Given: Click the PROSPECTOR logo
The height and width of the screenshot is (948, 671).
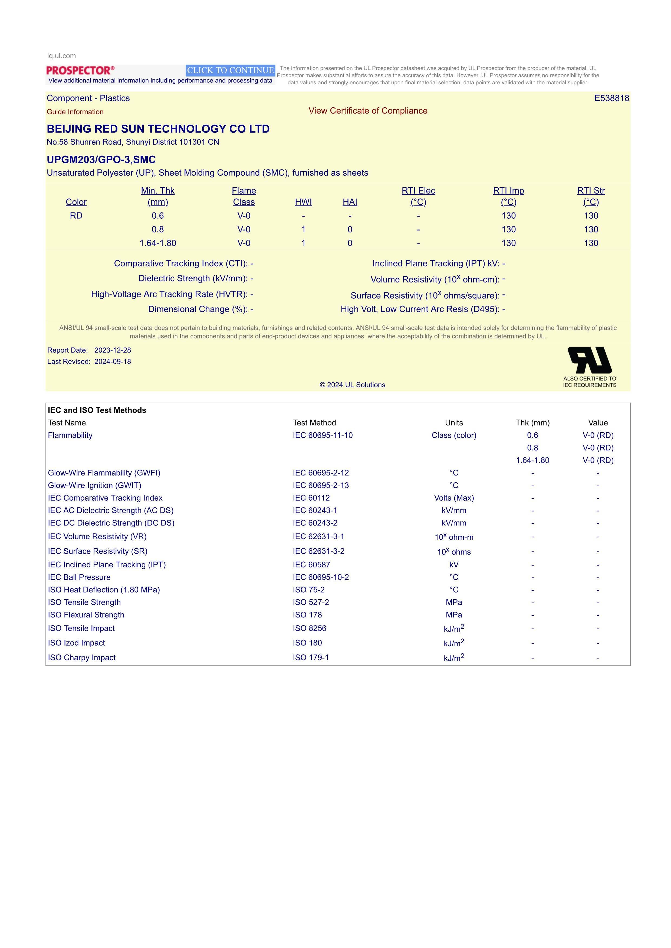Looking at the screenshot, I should pos(80,70).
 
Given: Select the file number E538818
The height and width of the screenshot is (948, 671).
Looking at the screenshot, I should pos(611,98).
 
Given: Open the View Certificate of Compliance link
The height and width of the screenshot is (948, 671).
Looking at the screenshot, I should pos(368,111).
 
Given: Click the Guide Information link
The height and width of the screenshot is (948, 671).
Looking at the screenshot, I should pos(75,112).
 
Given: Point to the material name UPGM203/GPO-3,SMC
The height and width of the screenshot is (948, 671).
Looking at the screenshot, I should pos(101,160).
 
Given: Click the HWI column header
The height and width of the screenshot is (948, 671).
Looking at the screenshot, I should pos(303,202).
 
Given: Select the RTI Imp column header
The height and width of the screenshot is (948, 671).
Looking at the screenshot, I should pos(508,196).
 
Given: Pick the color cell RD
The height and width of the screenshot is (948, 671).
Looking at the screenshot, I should pos(76,215).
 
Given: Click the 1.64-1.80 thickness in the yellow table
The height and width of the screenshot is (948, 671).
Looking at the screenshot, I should pos(158,243).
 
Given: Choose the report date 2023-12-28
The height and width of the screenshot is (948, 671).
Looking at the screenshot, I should pos(112,350).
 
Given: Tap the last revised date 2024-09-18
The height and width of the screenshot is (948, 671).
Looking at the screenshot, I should pos(112,362).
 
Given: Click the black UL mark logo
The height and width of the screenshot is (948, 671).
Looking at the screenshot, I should pos(590,360).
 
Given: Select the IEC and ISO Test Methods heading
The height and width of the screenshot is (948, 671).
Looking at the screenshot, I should pos(97,410).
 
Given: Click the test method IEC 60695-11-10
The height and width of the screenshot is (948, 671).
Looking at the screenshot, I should pos(323,435).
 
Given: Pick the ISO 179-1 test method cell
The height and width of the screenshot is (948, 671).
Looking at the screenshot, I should pos(311,657).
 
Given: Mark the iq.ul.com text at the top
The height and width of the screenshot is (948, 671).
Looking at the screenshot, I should pos(62,56).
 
